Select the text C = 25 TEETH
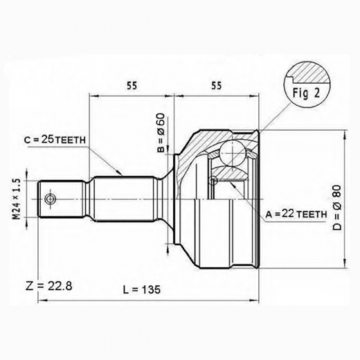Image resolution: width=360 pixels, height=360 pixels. pos(55,140)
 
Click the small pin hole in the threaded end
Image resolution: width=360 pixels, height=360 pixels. pos(50,199)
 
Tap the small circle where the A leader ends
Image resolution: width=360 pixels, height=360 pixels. pos(215,181)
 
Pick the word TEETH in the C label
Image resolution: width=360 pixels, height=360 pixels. pos(71,140)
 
